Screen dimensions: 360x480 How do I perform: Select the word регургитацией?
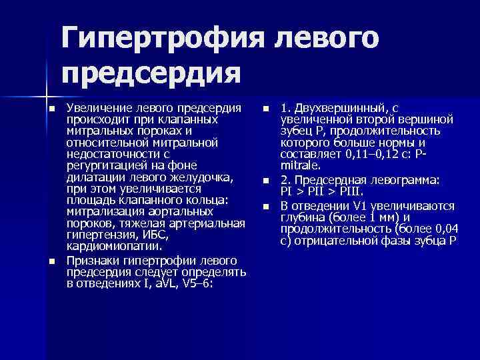(103, 165)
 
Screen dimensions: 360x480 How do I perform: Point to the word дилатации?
(93, 176)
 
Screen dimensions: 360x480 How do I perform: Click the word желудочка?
(198, 176)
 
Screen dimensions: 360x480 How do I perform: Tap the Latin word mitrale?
(299, 165)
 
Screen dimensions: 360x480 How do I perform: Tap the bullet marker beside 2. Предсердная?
(265, 181)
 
